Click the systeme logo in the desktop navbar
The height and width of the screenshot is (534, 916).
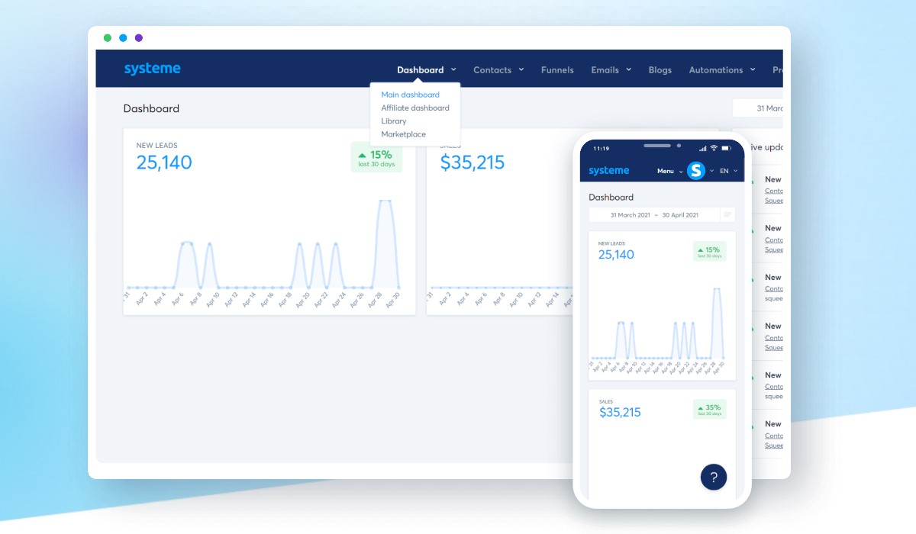pyautogui.click(x=152, y=69)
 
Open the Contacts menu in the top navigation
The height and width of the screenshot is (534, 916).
pyautogui.click(x=492, y=70)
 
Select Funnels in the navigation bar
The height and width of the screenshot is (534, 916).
pyautogui.click(x=557, y=70)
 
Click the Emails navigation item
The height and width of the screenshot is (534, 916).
pyautogui.click(x=605, y=70)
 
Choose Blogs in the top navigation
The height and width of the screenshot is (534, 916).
pyautogui.click(x=660, y=70)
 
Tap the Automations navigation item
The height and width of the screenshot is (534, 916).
pyautogui.click(x=716, y=70)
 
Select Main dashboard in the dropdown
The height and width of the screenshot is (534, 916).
pyautogui.click(x=410, y=95)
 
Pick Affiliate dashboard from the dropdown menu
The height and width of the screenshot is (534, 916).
pyautogui.click(x=415, y=108)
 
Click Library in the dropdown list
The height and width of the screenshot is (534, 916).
pyautogui.click(x=394, y=121)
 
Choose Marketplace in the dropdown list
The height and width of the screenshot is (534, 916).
pyautogui.click(x=404, y=134)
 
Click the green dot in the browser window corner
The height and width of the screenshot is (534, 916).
pyautogui.click(x=108, y=38)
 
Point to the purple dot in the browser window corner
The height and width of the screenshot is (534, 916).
pyautogui.click(x=139, y=38)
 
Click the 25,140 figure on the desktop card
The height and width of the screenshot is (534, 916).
pyautogui.click(x=164, y=162)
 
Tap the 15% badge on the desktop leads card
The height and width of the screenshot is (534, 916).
pyautogui.click(x=376, y=158)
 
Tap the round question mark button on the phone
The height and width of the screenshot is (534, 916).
pyautogui.click(x=714, y=478)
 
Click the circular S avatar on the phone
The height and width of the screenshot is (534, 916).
pyautogui.click(x=695, y=171)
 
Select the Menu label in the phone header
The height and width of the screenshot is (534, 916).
pyautogui.click(x=666, y=171)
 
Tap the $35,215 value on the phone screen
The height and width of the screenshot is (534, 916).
pyautogui.click(x=620, y=413)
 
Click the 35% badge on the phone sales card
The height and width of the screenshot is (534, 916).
pyautogui.click(x=709, y=410)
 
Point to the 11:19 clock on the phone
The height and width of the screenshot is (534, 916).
pyautogui.click(x=602, y=148)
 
